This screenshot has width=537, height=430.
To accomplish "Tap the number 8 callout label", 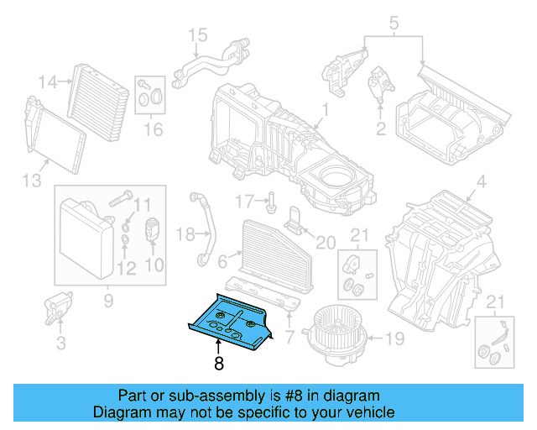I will click(219, 364).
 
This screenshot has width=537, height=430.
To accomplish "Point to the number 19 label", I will click(394, 340).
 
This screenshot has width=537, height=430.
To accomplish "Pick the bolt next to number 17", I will click(274, 202).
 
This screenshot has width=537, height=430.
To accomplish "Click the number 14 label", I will click(48, 81).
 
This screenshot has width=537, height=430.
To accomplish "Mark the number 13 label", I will click(30, 182).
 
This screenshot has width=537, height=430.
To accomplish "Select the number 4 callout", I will click(481, 182).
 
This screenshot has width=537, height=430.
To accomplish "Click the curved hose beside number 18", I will click(203, 228).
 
